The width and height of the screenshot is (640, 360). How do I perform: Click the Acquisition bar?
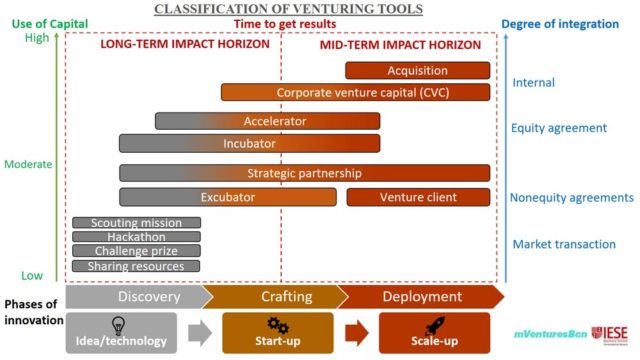pyautogui.click(x=417, y=70)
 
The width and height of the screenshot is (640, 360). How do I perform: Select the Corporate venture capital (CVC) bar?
pyautogui.click(x=355, y=92)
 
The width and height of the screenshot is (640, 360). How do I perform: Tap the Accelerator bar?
pyautogui.click(x=267, y=121)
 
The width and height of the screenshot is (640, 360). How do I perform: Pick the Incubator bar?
pyautogui.click(x=249, y=143)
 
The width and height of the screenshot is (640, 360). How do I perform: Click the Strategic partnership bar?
pyautogui.click(x=304, y=173)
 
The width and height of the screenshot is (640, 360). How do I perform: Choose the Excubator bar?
pyautogui.click(x=227, y=197)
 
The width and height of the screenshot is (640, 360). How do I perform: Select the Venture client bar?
pyautogui.click(x=418, y=197)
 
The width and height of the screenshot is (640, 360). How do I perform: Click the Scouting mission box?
pyautogui.click(x=137, y=223)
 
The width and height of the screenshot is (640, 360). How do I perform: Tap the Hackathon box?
pyautogui.click(x=137, y=237)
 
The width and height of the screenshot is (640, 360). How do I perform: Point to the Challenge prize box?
pyautogui.click(x=137, y=251)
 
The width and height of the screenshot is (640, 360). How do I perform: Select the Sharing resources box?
pyautogui.click(x=137, y=266)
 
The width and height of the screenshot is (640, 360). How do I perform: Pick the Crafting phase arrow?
pyautogui.click(x=273, y=297)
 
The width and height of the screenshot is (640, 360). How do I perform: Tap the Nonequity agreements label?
pyautogui.click(x=572, y=198)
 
